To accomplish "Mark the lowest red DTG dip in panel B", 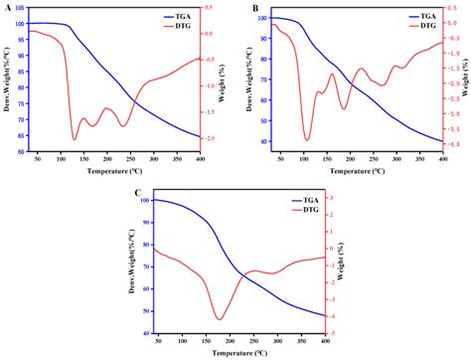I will (307, 140).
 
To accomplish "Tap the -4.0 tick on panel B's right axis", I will (453, 144).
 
